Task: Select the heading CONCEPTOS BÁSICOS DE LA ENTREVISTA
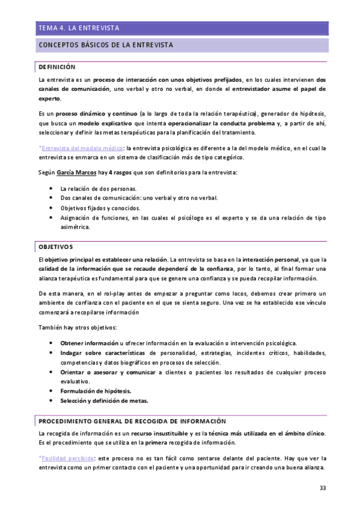[106, 46]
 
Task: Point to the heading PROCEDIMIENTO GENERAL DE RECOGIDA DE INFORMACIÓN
[132, 421]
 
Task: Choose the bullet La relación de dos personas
[99, 189]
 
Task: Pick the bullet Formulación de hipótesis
[96, 391]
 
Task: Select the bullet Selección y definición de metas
[104, 401]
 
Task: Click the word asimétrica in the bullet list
[75, 227]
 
